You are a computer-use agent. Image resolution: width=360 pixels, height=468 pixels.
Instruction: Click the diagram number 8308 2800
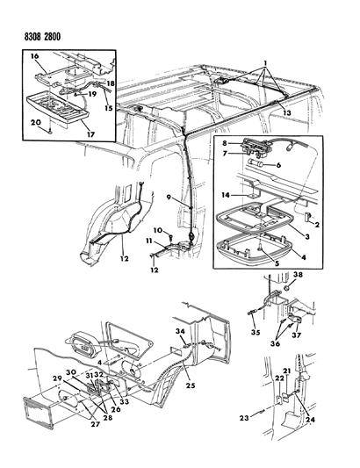point(42,37)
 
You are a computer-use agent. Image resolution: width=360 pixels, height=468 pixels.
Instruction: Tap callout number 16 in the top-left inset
point(34,57)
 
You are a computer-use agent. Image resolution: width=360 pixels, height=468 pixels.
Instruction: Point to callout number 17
point(90,134)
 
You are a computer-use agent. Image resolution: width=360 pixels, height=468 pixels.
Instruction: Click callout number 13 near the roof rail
point(287,112)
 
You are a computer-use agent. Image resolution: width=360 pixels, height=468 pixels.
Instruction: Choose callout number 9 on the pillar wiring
point(169,198)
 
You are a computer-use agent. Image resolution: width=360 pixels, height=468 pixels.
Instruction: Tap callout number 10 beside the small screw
point(158,230)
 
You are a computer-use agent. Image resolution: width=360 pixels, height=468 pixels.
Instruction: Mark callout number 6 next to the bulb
point(278,165)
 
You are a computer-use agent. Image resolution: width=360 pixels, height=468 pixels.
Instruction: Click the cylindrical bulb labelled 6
point(256,163)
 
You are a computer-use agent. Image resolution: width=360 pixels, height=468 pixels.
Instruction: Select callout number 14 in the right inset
point(226,195)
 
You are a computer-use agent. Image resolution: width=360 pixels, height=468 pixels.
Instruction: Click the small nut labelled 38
point(287,288)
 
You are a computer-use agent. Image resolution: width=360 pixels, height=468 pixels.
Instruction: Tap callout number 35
point(256,332)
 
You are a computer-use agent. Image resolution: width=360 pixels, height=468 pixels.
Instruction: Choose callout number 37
point(297,335)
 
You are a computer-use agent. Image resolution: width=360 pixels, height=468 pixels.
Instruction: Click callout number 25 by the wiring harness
point(191,385)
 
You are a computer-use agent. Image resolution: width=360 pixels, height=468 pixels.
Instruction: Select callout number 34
point(180,331)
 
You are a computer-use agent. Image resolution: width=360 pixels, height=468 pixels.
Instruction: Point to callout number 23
point(244,418)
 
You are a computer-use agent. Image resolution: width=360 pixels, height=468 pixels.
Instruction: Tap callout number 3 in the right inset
point(306,237)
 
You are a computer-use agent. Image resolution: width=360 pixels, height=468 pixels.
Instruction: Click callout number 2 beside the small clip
point(317,225)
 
